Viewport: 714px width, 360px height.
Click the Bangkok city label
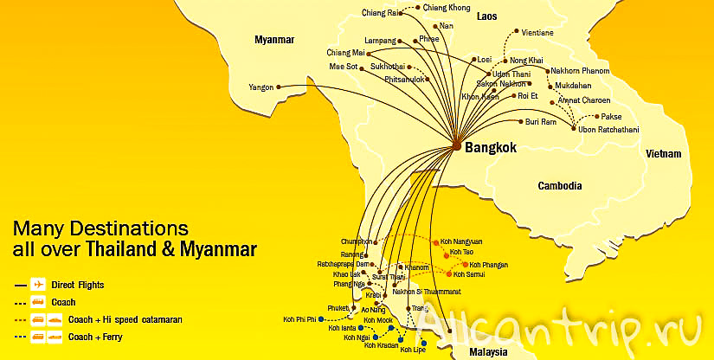click(490, 148)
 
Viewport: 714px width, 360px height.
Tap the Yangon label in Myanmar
click(261, 87)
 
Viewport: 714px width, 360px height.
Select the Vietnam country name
click(661, 153)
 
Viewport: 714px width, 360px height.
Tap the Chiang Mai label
click(345, 52)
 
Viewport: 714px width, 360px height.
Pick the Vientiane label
click(537, 33)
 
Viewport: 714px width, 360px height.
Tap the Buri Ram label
click(541, 122)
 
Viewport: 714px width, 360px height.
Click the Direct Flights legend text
click(78, 284)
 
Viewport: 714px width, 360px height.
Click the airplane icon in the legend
click(37, 284)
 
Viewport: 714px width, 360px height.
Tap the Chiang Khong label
click(447, 7)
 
